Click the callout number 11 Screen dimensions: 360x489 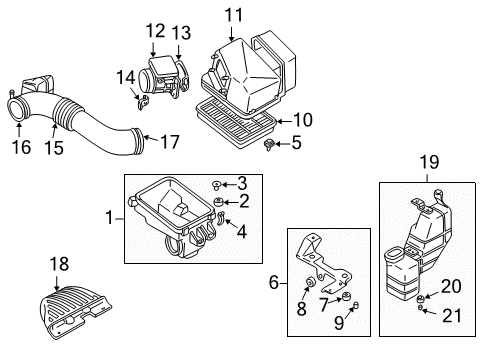[x=233, y=14]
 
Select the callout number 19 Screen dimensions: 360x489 [x=428, y=159]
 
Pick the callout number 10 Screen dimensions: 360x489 [x=302, y=120]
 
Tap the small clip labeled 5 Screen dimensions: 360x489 [x=270, y=146]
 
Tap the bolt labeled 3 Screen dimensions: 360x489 [x=217, y=183]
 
